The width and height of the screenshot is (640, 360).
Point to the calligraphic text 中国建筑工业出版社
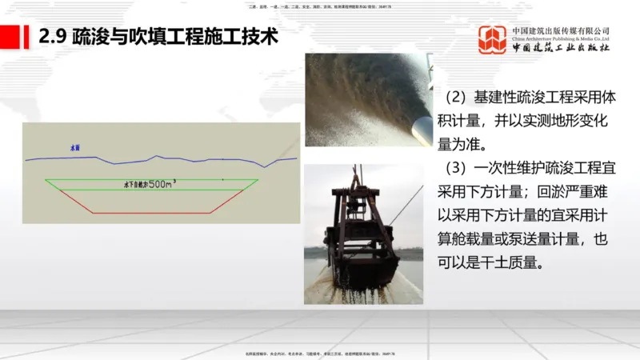point(560,47)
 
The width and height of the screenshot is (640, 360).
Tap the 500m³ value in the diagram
point(160,184)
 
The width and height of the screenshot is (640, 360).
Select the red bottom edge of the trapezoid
point(152,213)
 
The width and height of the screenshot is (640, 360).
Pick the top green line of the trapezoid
point(152,179)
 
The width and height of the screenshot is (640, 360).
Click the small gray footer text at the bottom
point(320,353)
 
